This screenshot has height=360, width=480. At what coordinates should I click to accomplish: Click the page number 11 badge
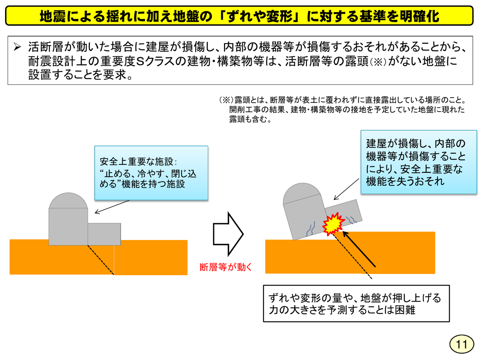(x=461, y=344)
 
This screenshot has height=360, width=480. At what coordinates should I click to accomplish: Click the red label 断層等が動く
(x=226, y=267)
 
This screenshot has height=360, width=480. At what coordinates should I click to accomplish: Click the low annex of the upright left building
(x=104, y=234)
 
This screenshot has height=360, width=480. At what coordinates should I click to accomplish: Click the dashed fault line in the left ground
(x=101, y=260)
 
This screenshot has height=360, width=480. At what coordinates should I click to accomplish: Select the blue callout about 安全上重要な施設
(x=151, y=173)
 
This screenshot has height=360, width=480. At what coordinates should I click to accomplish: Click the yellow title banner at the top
(x=240, y=16)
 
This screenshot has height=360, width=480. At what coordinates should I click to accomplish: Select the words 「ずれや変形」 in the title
(x=256, y=16)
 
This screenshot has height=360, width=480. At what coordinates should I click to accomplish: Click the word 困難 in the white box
(x=404, y=310)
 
